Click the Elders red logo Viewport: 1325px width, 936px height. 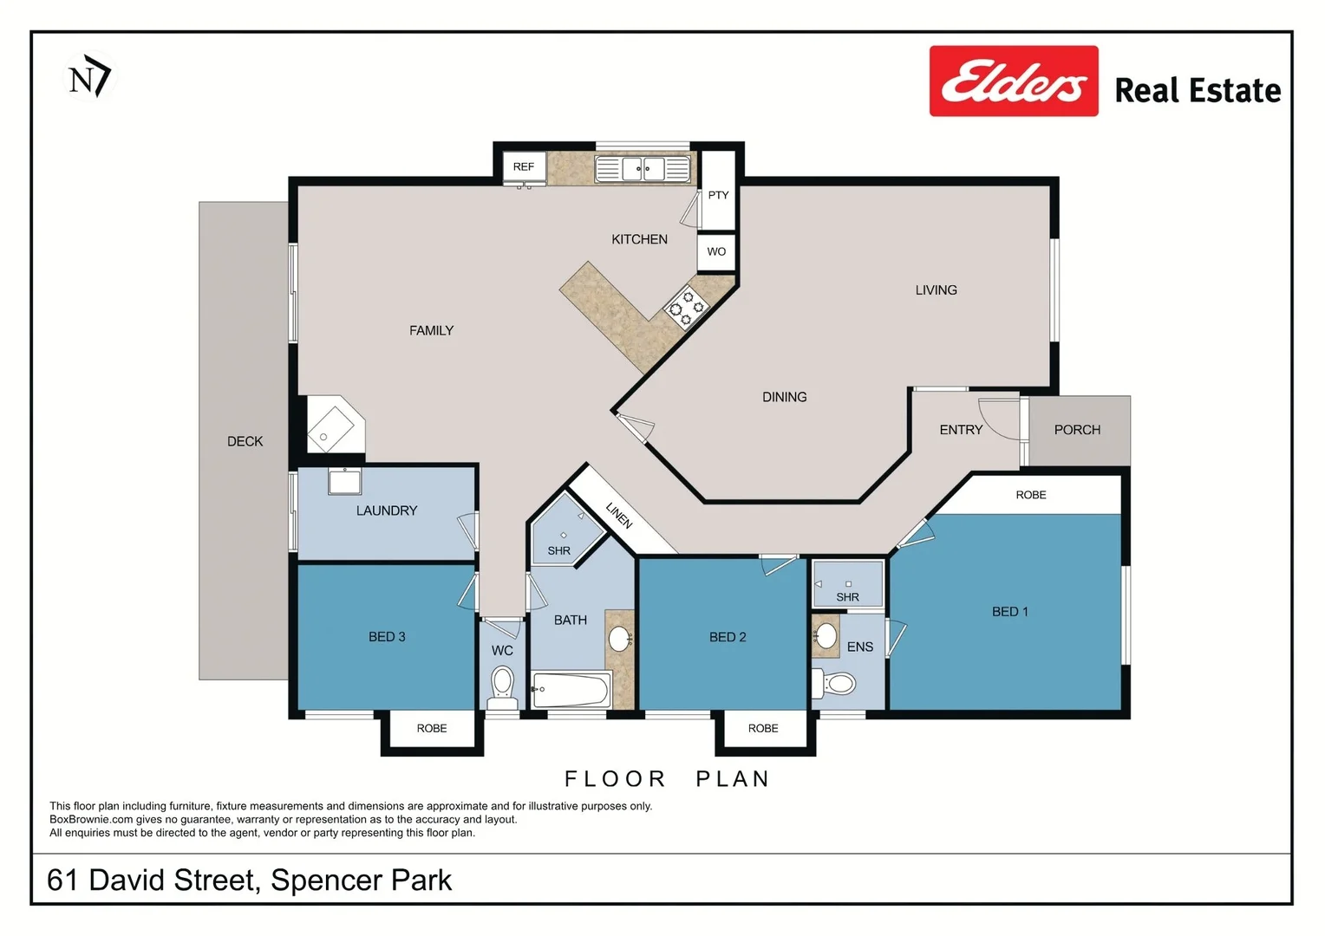click(1013, 81)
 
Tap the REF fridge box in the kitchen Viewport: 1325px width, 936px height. click(524, 166)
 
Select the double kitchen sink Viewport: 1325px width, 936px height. click(643, 168)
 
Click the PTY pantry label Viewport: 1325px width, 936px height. click(718, 195)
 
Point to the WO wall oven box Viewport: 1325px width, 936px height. click(716, 251)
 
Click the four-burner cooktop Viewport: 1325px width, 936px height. click(686, 309)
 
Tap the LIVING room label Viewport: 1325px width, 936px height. click(936, 290)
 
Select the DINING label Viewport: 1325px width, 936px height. click(784, 397)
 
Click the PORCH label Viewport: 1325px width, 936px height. click(1077, 430)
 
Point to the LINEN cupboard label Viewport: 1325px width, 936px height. click(619, 515)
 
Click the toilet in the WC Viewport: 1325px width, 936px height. click(502, 684)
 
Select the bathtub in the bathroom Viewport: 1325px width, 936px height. click(571, 691)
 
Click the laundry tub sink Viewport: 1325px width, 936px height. click(344, 481)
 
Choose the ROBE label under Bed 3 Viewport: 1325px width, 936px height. click(432, 729)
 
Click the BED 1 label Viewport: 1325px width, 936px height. click(1009, 612)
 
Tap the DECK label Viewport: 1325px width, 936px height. click(245, 442)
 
